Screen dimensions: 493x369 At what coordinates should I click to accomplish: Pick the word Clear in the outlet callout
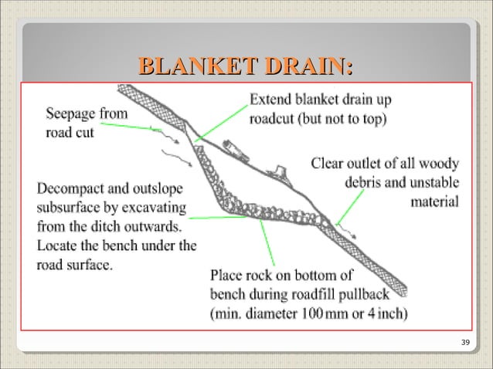click(x=328, y=164)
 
